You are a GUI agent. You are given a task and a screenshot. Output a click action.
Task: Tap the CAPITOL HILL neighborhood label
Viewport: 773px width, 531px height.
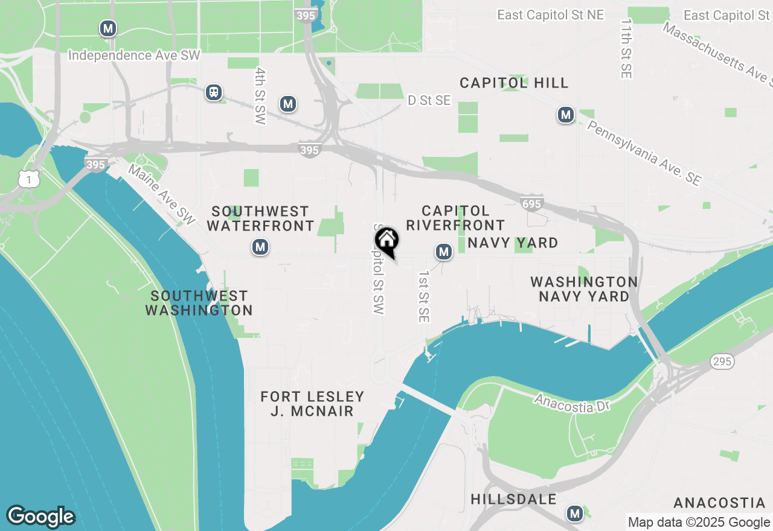(x=514, y=83)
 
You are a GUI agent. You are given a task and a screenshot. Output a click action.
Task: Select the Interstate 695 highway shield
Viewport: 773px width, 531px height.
(x=531, y=203)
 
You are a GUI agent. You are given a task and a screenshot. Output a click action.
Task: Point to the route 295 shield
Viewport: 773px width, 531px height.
(x=722, y=361)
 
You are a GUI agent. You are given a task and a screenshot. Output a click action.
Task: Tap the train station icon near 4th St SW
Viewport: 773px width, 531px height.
(x=213, y=92)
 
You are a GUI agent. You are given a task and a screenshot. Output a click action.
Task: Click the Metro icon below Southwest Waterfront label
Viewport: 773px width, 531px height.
(x=260, y=247)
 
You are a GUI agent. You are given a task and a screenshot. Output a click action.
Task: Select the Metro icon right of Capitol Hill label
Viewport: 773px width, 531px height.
(x=565, y=114)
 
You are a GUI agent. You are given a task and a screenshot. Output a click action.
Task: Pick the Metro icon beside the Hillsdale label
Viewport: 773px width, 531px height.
(x=574, y=514)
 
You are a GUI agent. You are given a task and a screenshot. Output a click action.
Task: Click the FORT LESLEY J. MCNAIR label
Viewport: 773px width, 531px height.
(x=312, y=404)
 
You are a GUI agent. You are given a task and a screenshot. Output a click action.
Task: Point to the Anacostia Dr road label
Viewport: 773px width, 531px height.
(x=572, y=404)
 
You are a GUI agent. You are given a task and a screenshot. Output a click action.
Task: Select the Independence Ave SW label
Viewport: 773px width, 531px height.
(x=134, y=56)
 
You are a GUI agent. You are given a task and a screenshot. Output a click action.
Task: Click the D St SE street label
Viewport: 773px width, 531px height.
(x=429, y=100)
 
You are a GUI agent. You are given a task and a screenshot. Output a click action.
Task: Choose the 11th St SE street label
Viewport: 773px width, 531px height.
(x=625, y=48)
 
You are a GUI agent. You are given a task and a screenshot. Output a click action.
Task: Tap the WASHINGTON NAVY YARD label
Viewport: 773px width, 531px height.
(x=583, y=289)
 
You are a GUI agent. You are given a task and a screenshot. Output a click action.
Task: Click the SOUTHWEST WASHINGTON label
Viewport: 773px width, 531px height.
(x=199, y=303)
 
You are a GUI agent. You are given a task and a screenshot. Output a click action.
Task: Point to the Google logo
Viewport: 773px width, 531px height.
(x=40, y=517)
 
